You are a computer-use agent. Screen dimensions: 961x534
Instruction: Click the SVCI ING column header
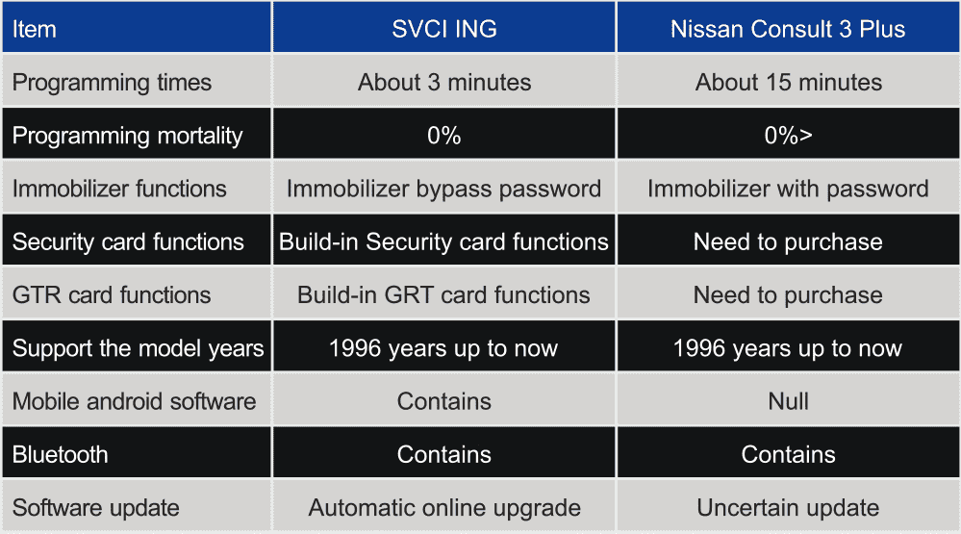[444, 29]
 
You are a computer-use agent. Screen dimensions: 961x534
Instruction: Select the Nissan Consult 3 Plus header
[788, 29]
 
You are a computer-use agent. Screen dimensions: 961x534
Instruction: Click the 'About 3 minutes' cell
[444, 82]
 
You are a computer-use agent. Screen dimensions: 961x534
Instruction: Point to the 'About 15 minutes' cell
[788, 82]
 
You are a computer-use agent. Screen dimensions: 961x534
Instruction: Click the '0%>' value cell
[788, 135]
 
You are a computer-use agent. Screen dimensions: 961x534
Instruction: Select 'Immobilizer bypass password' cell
[443, 189]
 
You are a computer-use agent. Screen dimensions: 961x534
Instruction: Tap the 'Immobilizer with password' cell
[788, 189]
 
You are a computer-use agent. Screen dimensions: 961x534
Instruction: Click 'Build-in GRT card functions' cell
[443, 294]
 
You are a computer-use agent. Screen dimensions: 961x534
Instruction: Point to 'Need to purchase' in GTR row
[788, 295]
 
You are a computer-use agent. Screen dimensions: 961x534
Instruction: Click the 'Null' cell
[788, 401]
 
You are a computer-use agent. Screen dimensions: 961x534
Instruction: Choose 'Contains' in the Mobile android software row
[444, 401]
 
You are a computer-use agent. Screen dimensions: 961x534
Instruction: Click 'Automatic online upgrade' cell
[444, 508]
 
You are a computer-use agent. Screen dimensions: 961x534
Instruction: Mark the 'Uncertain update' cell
[788, 508]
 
